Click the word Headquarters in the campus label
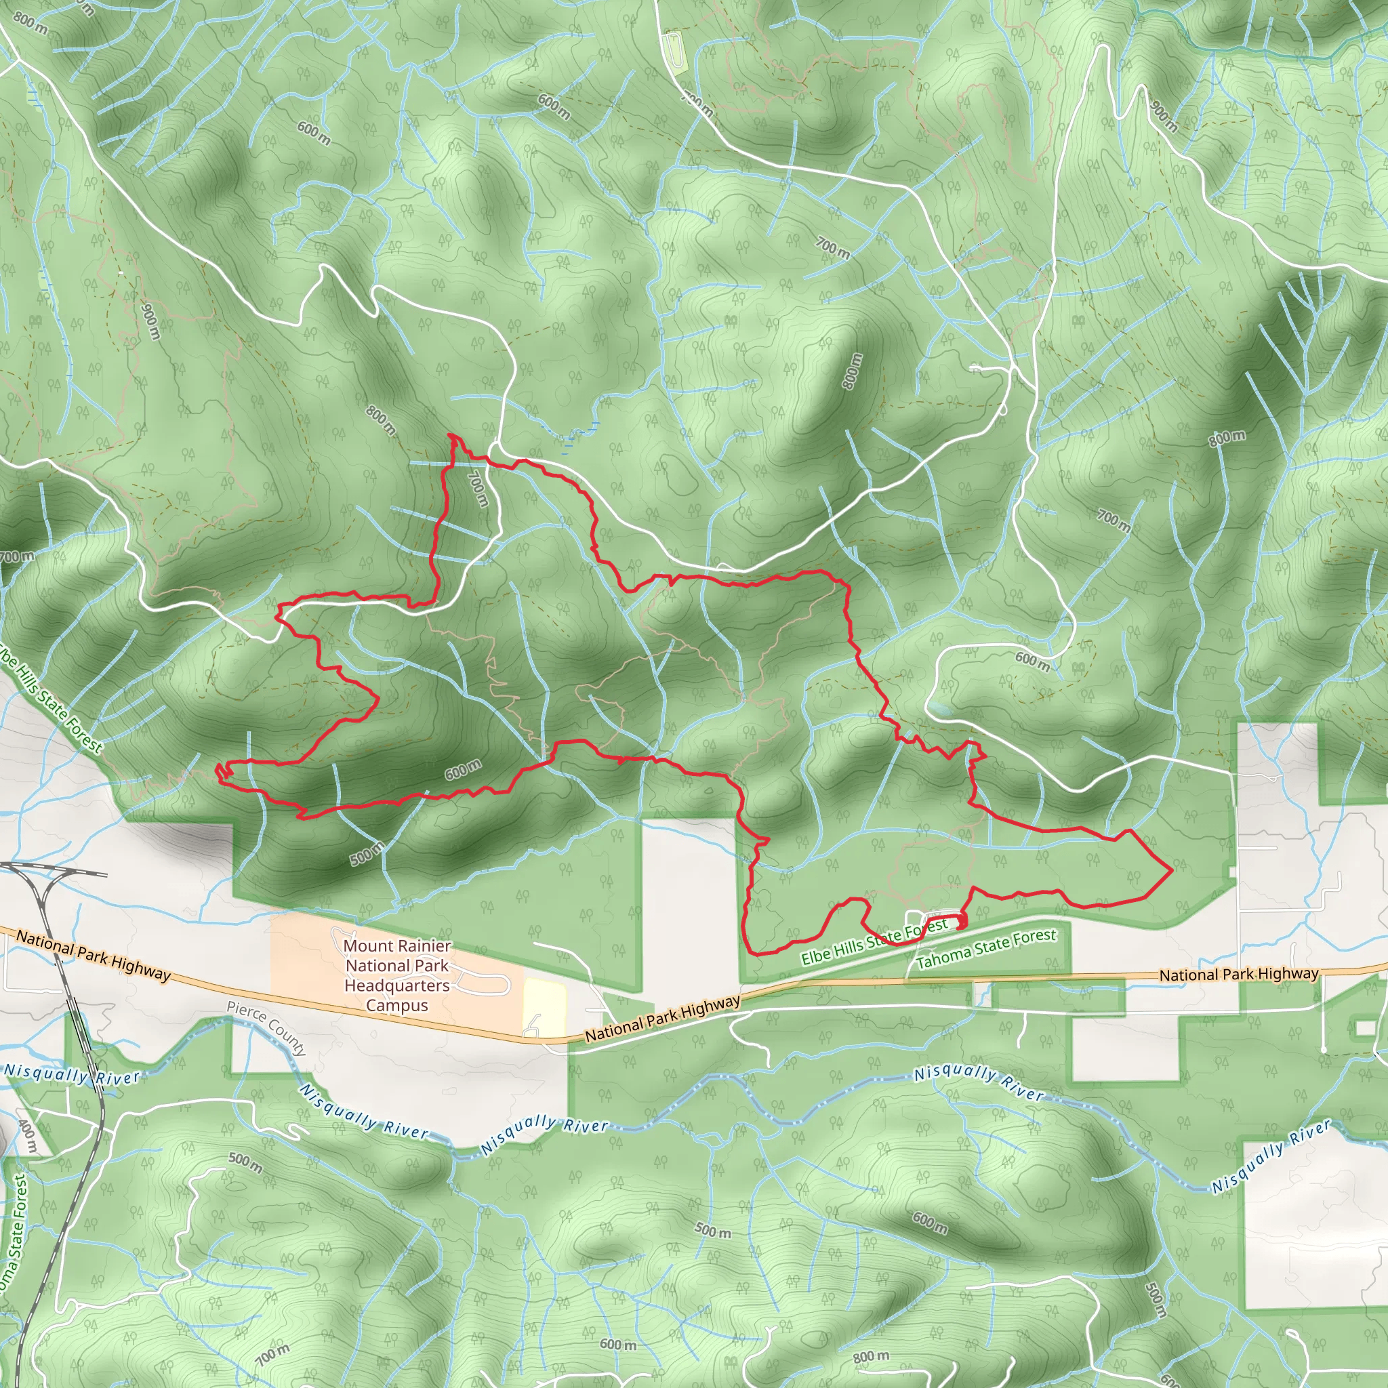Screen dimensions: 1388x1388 pos(396,985)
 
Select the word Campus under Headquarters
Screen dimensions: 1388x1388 pos(396,1005)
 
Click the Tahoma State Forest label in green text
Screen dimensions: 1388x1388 pos(986,948)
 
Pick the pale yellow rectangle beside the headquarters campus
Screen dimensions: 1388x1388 pos(545,1007)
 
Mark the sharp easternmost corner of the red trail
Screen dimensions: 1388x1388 pos(1172,870)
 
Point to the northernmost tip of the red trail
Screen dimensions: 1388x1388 pos(451,434)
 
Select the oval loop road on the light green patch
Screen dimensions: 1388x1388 pos(673,52)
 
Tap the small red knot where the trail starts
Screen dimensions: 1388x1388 pos(960,922)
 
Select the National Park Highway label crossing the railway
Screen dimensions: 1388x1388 pos(94,954)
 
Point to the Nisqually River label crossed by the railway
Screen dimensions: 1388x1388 pos(72,1074)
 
